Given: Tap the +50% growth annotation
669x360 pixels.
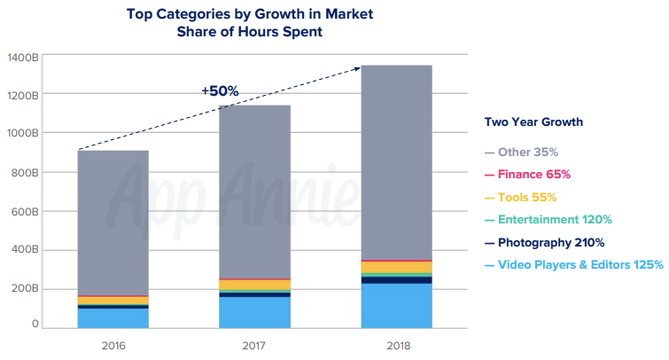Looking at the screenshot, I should coord(220,90).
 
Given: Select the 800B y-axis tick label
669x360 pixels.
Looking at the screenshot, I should coord(24,172).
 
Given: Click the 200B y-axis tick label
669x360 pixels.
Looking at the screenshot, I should coord(24,289).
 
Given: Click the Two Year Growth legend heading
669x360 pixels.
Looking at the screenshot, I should coord(533,121).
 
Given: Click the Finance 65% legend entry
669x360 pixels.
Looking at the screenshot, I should coord(533,174).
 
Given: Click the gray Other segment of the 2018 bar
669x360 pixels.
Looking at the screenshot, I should coord(396,160).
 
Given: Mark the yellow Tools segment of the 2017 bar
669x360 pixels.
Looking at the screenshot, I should coord(254,285).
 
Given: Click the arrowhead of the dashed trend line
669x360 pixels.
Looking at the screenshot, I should coord(357,67).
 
